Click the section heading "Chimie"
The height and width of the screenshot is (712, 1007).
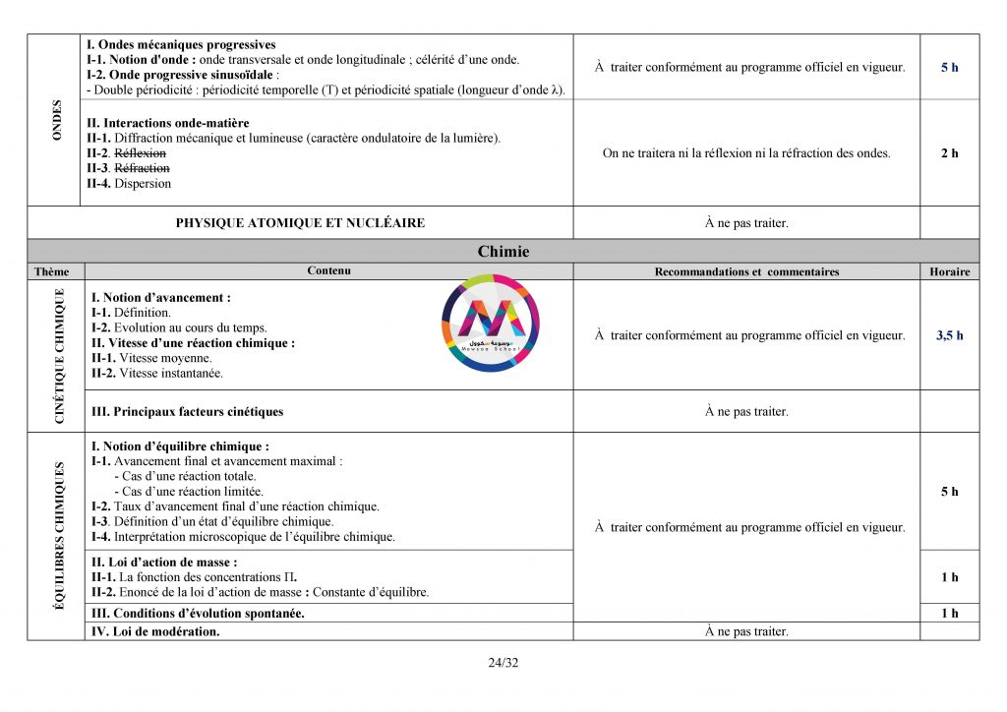click(x=503, y=252)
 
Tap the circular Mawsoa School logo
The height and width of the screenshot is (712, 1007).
click(x=491, y=325)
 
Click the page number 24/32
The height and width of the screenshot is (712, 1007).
click(x=503, y=662)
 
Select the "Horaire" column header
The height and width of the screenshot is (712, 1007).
click(x=949, y=271)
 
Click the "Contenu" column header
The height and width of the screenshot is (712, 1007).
click(x=328, y=271)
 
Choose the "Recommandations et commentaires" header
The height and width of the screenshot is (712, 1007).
click(x=746, y=271)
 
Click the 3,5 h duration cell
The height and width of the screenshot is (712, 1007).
click(x=949, y=335)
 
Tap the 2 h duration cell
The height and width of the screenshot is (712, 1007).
click(x=949, y=153)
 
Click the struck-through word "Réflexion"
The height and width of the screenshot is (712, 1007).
click(x=141, y=153)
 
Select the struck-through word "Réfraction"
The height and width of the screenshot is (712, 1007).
click(x=143, y=168)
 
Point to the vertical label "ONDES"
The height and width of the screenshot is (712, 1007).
click(x=56, y=120)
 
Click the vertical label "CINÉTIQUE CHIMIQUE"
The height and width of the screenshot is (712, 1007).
click(x=59, y=356)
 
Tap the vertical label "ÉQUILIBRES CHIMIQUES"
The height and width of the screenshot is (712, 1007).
click(x=59, y=536)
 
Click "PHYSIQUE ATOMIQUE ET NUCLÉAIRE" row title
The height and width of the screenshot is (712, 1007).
click(x=300, y=223)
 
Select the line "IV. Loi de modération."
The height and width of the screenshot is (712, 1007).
click(x=154, y=631)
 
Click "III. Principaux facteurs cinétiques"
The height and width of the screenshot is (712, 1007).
click(x=187, y=412)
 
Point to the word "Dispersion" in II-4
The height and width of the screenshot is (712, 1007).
click(x=143, y=184)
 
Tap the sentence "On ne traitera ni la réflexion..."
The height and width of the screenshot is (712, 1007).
click(x=746, y=153)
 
